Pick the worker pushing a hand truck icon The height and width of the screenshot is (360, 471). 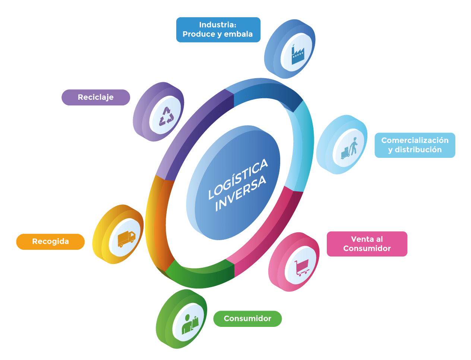click(350, 148)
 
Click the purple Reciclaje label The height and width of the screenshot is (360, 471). click(96, 98)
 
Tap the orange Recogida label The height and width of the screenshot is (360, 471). click(50, 242)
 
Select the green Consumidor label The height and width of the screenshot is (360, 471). click(247, 319)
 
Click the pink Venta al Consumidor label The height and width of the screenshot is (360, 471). click(367, 244)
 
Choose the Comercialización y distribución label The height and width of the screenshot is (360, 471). click(415, 145)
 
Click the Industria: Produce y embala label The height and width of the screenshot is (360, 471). click(218, 30)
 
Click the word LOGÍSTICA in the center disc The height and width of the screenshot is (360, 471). click(238, 178)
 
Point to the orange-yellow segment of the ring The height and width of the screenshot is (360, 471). click(158, 220)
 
